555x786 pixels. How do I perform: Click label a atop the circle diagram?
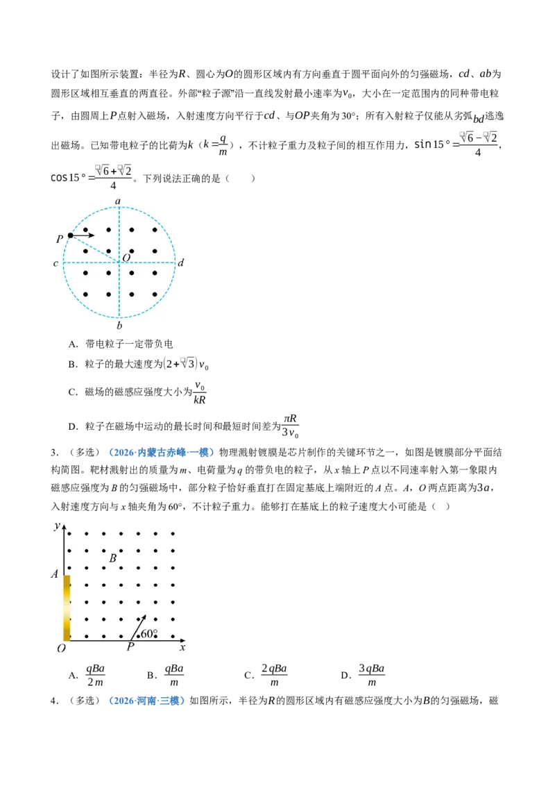pyautogui.click(x=118, y=201)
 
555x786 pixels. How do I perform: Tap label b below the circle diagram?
pyautogui.click(x=119, y=326)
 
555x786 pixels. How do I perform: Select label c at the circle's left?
pyautogui.click(x=55, y=263)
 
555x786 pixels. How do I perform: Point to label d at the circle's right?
pyautogui.click(x=181, y=262)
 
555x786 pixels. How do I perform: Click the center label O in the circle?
pyautogui.click(x=126, y=257)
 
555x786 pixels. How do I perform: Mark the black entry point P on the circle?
pyautogui.click(x=71, y=235)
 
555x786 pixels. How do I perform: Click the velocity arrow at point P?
pyautogui.click(x=83, y=235)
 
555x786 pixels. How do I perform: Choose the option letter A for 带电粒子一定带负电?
pyautogui.click(x=73, y=344)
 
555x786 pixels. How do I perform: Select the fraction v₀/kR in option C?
pyautogui.click(x=200, y=392)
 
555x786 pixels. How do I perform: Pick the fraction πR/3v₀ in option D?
pyautogui.click(x=290, y=426)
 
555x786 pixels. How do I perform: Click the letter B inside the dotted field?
pyautogui.click(x=112, y=558)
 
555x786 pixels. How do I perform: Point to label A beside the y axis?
pyautogui.click(x=55, y=574)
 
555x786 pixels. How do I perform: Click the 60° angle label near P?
pyautogui.click(x=149, y=634)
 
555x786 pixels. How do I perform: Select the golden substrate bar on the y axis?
pyautogui.click(x=67, y=608)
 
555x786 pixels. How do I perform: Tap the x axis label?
pyautogui.click(x=182, y=647)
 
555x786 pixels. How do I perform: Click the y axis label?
pyautogui.click(x=57, y=526)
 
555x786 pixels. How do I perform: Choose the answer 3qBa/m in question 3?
pyautogui.click(x=371, y=675)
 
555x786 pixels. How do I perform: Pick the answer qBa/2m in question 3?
pyautogui.click(x=95, y=675)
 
